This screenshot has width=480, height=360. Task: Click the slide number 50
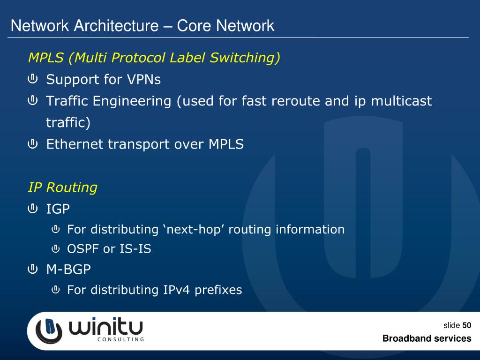click(466, 326)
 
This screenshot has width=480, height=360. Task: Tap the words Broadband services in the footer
click(427, 338)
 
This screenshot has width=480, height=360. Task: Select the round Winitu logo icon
click(49, 330)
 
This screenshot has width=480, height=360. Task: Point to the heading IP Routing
click(63, 187)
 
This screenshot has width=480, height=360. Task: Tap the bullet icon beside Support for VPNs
click(33, 79)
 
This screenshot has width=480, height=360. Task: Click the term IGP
click(58, 209)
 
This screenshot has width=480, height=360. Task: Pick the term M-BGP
click(68, 270)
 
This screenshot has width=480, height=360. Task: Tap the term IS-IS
click(135, 249)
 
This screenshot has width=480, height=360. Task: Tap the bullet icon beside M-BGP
click(33, 270)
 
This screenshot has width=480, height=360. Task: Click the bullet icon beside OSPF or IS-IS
click(55, 248)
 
